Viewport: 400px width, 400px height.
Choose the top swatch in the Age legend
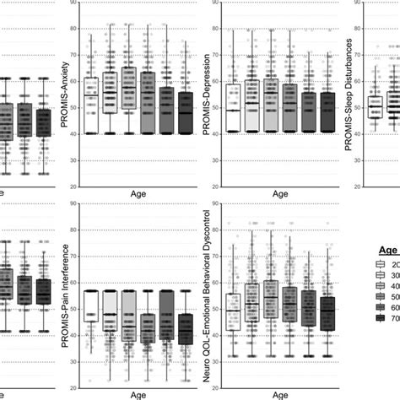[382, 265]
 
